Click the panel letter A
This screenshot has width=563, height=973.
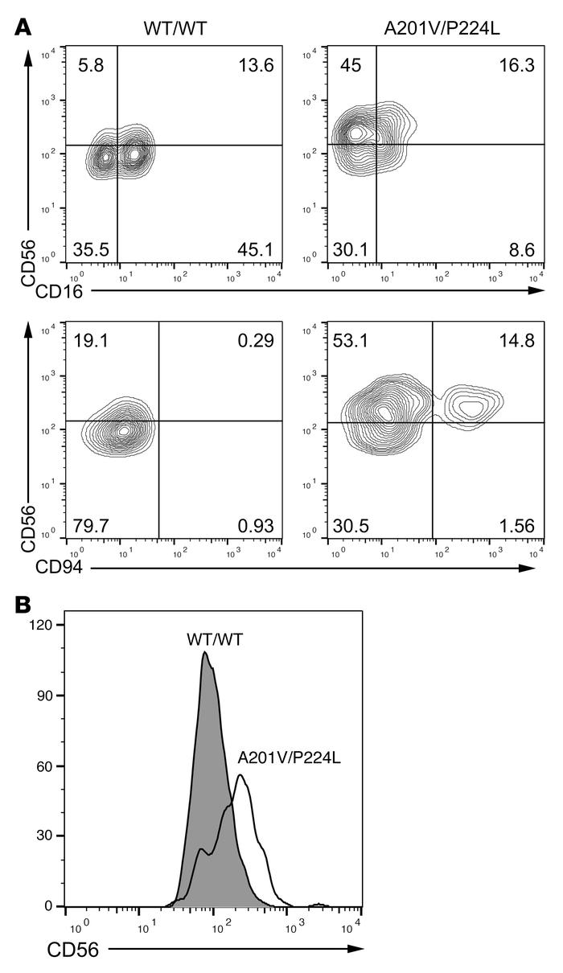pyautogui.click(x=25, y=27)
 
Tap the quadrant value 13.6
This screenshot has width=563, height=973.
pyautogui.click(x=256, y=65)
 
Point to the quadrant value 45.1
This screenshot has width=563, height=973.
pyautogui.click(x=256, y=250)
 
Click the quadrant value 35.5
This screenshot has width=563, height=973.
pyautogui.click(x=94, y=250)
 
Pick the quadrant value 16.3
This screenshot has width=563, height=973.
pyautogui.click(x=516, y=65)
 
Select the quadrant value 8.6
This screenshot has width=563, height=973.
pyautogui.click(x=521, y=250)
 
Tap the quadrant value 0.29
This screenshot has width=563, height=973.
pyautogui.click(x=256, y=340)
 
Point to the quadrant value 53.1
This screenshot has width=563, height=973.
pyautogui.click(x=354, y=340)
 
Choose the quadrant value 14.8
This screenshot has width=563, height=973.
pyautogui.click(x=516, y=340)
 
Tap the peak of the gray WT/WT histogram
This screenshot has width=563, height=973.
pyautogui.click(x=205, y=653)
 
